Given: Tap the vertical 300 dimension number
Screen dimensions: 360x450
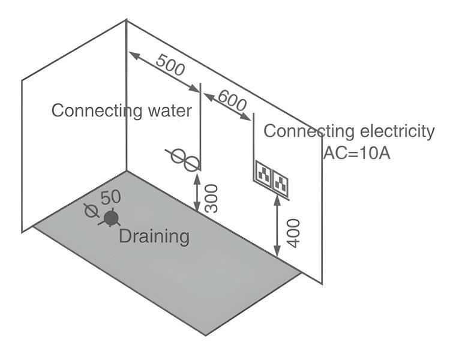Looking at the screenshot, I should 211,197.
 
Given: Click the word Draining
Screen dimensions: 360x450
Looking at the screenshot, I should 154,236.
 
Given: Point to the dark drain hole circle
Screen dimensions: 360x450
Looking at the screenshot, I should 110,218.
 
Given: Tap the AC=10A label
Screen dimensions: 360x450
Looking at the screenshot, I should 358,152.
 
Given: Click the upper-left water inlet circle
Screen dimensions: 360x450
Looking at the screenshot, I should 179,155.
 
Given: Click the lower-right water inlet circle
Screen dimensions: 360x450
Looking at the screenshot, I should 191,163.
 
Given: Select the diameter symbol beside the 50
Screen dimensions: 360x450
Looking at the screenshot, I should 92,209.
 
